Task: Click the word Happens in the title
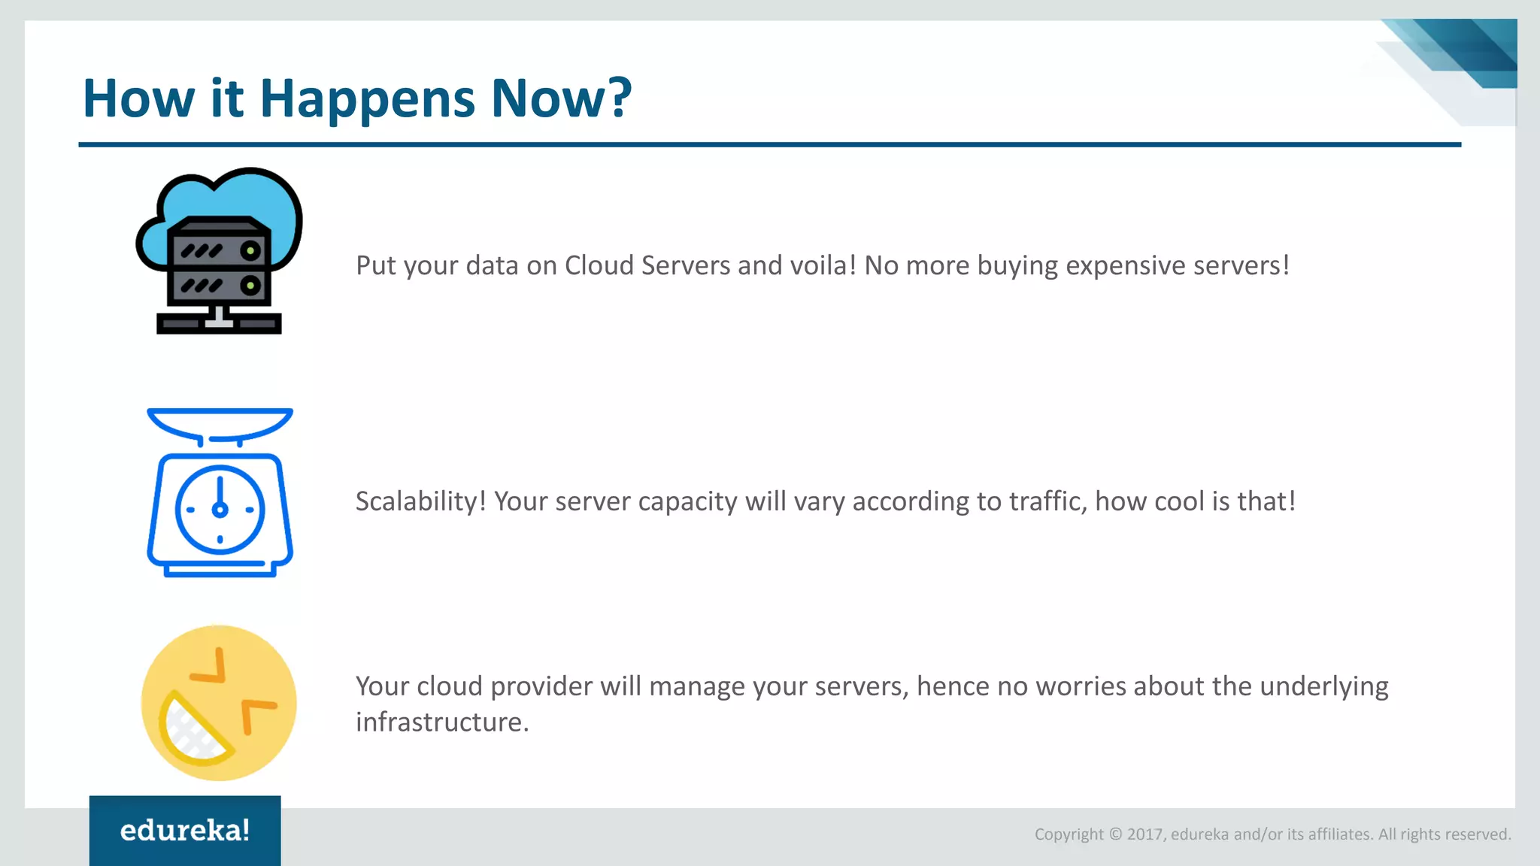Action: point(367,99)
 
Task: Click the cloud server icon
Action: point(219,250)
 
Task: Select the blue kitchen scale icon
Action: point(220,493)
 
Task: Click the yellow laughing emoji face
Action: point(219,703)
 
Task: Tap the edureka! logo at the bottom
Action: point(185,831)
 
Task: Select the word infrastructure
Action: point(442,722)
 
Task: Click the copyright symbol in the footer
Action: point(1115,834)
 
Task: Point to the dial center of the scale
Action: point(220,510)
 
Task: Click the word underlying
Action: point(1323,686)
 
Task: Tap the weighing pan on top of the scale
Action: point(220,422)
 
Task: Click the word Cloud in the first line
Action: point(599,265)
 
